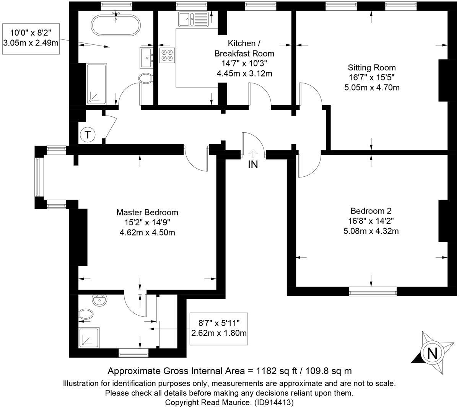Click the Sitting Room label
372,78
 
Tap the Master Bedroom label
147,222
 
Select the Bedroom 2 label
371,221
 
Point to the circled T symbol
88,135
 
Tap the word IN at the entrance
253,164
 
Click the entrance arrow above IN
253,153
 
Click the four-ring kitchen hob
167,55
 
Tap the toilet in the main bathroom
146,79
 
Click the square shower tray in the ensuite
90,338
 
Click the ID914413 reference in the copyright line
274,402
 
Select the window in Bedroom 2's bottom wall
373,293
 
